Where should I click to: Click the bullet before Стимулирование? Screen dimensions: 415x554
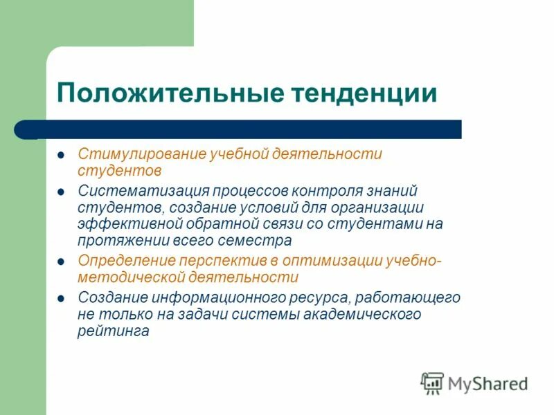click(61, 154)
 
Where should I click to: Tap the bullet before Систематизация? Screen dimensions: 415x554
click(61, 191)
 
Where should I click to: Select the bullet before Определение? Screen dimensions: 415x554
click(61, 261)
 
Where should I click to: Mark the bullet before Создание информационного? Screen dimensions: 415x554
click(61, 297)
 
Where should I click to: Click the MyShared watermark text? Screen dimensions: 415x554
click(488, 383)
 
